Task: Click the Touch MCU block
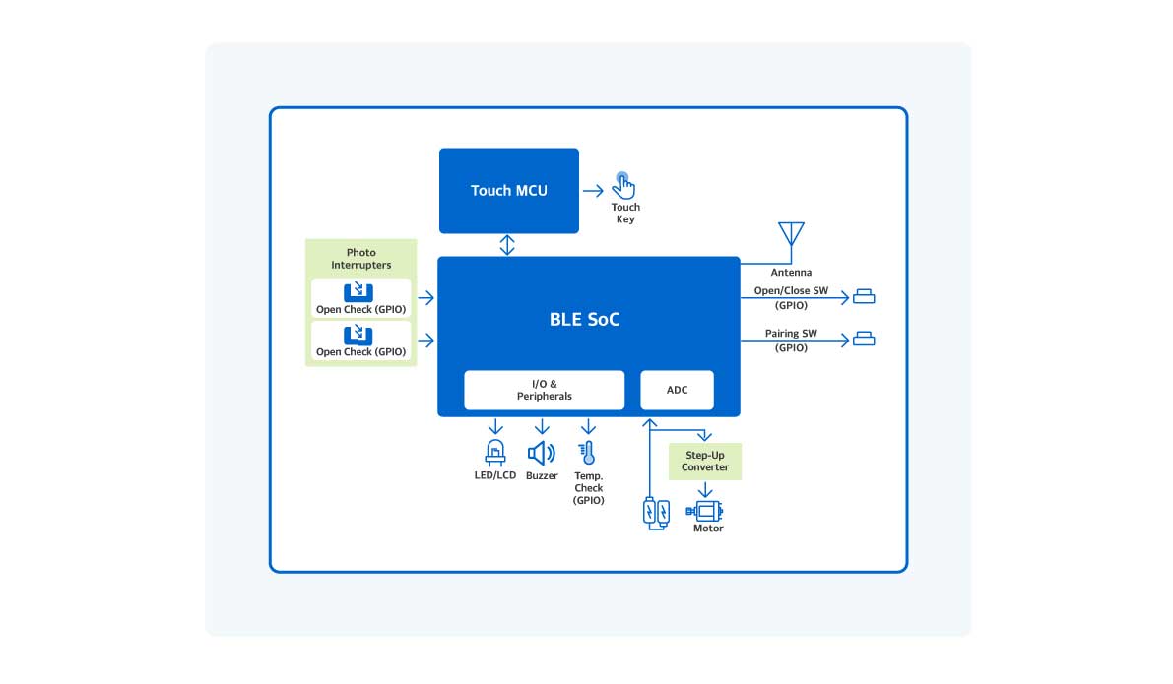508,190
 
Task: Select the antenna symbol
791,235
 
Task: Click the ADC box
677,390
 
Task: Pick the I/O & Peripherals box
544,390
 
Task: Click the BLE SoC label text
584,320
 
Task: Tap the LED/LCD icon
495,453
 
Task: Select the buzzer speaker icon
541,453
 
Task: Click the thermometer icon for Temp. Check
588,453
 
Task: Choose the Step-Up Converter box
705,461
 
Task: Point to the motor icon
707,510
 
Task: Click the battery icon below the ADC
656,512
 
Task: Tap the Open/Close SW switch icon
864,296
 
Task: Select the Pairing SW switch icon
864,340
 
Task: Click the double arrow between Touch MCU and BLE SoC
507,245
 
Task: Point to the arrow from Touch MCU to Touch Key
593,190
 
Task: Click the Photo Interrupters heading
360,259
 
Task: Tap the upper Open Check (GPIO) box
360,298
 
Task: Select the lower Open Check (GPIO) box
360,341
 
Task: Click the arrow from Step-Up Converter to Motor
706,490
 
